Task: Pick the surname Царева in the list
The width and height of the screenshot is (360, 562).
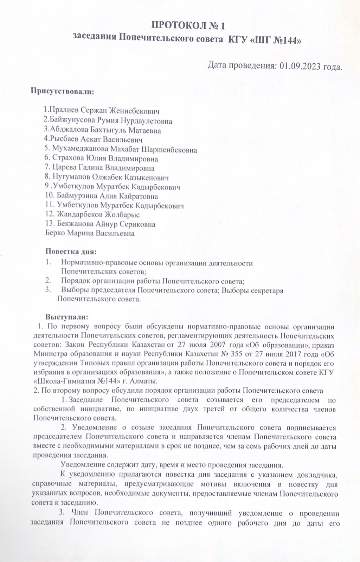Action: pyautogui.click(x=64, y=168)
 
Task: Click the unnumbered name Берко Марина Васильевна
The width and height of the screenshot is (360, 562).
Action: pyautogui.click(x=90, y=233)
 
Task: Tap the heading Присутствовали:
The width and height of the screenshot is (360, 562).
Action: pyautogui.click(x=63, y=92)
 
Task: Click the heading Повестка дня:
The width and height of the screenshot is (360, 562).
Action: pyautogui.click(x=71, y=251)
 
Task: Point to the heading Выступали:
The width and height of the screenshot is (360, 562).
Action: pyautogui.click(x=66, y=317)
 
